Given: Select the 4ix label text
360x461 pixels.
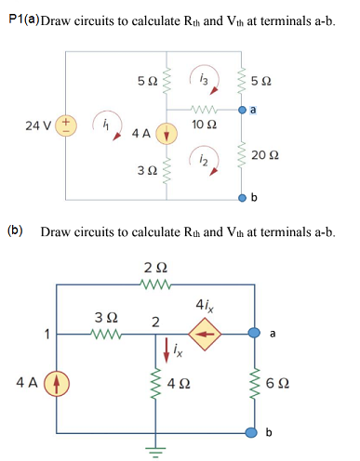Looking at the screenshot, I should [207, 303].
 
